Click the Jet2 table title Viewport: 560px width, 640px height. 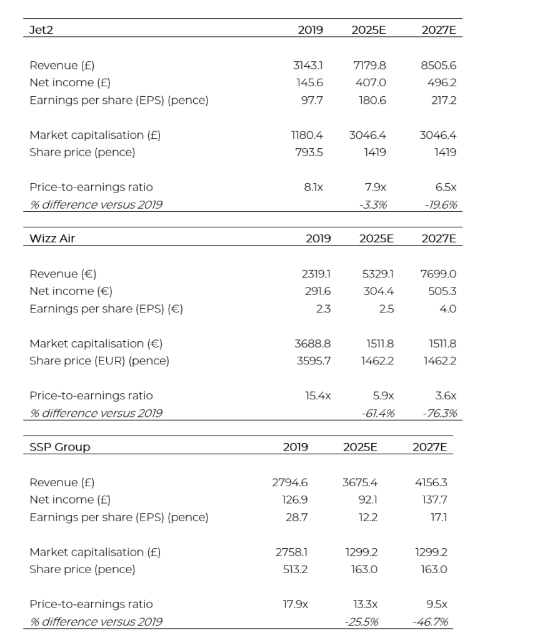click(41, 29)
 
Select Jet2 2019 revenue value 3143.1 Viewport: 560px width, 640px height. click(308, 65)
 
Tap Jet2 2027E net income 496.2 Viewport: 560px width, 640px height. click(443, 82)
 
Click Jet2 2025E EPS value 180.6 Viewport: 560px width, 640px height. click(374, 100)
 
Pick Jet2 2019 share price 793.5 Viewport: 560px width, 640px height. click(309, 152)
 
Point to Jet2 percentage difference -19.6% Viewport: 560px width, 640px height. click(442, 204)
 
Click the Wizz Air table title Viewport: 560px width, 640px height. click(52, 238)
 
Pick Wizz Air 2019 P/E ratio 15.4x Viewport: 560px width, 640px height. click(318, 396)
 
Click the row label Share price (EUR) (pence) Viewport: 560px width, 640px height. click(99, 361)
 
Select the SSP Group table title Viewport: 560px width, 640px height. click(59, 447)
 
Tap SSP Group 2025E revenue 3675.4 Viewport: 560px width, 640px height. click(360, 482)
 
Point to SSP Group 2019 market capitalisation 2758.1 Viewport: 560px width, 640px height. click(292, 552)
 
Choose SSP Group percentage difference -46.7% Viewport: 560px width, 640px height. click(431, 621)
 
